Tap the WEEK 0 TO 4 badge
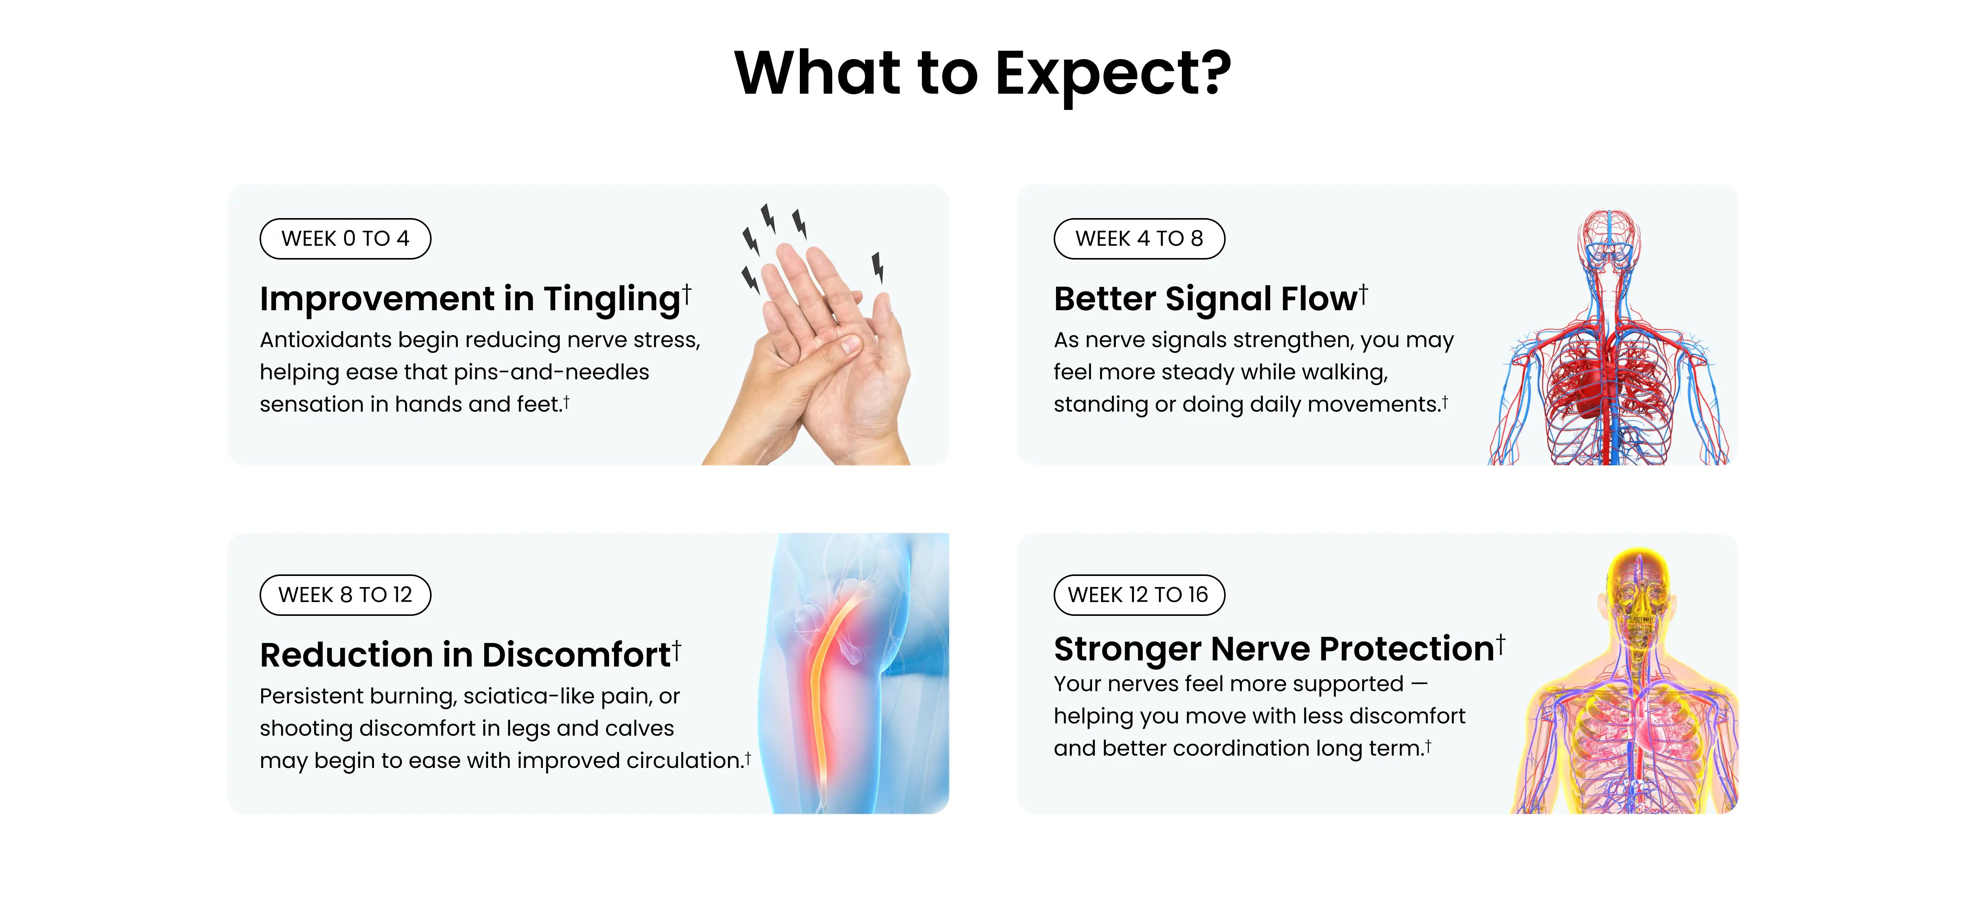(345, 239)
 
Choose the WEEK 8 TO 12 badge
(345, 595)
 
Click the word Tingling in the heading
(611, 299)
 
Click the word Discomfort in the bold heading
(576, 655)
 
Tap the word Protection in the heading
(1406, 649)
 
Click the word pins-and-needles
(551, 372)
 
